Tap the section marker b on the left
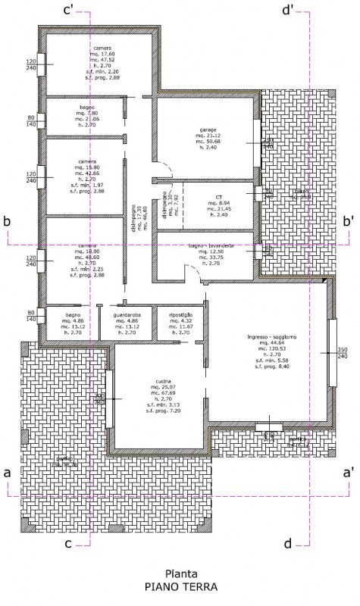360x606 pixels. click(x=6, y=221)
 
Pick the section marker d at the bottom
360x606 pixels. click(x=287, y=543)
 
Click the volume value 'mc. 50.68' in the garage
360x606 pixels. click(x=203, y=141)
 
